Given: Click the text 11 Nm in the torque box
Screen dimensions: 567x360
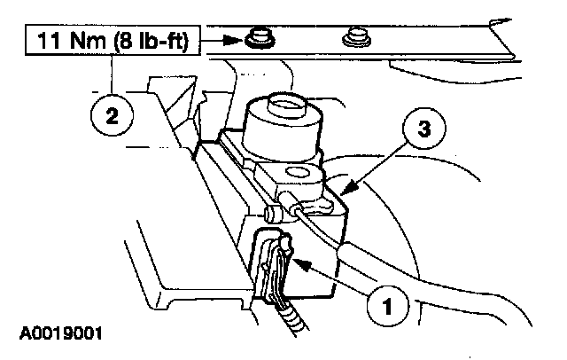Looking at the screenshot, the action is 66,40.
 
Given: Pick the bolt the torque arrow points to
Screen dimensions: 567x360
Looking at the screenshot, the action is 258,38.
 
